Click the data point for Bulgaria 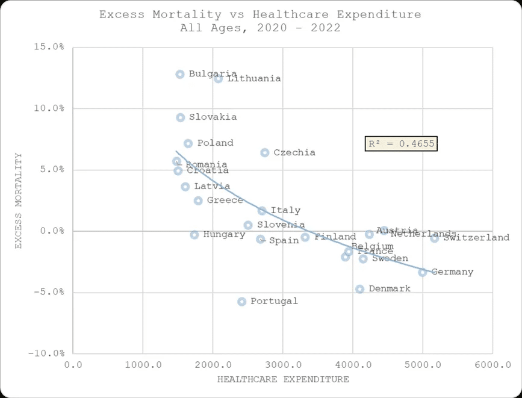click(180, 74)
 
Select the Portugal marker click(242, 301)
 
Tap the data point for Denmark click(359, 289)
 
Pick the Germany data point click(423, 272)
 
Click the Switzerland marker click(435, 238)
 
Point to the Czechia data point click(265, 152)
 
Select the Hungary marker click(194, 235)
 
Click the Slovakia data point click(181, 117)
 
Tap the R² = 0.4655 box click(400, 144)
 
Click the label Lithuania click(254, 79)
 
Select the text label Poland click(216, 143)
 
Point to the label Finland click(335, 237)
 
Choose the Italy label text click(285, 211)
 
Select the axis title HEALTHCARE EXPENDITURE click(283, 379)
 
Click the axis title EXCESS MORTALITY click(18, 201)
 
